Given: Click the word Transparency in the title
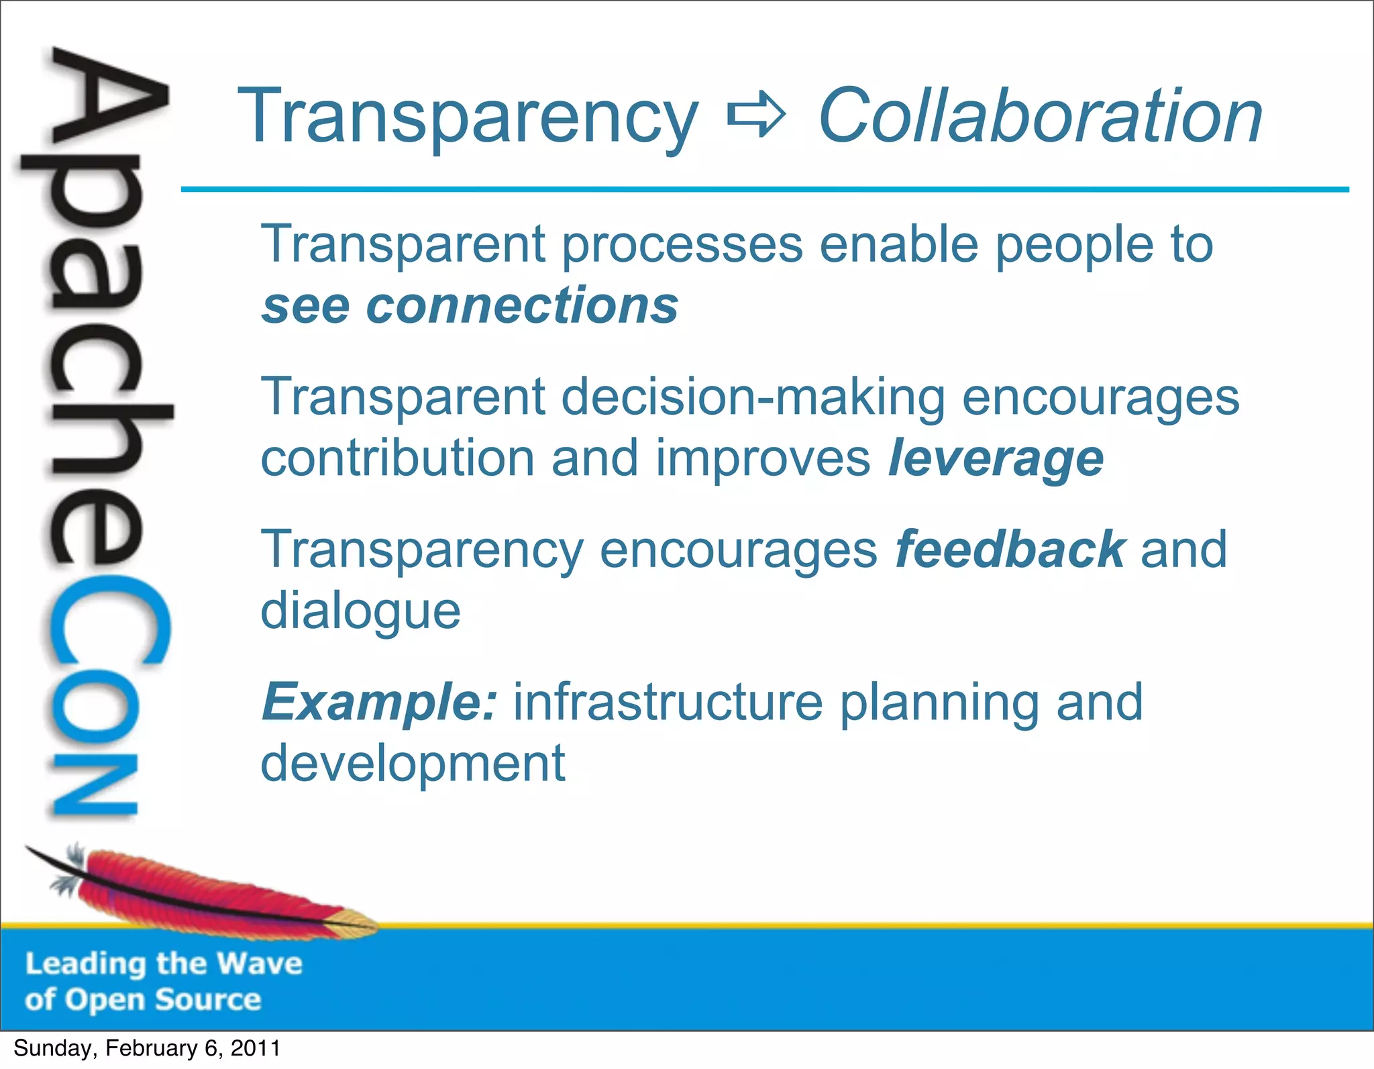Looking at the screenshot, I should pos(468,117).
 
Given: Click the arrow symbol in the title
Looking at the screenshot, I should pos(756,115).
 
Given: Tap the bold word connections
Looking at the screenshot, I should pos(522,305).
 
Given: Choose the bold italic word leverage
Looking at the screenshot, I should pos(996,459).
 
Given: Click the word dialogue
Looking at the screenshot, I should pos(360,612).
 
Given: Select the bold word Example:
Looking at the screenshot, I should pos(380,702).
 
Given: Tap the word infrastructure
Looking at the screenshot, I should pos(668,702).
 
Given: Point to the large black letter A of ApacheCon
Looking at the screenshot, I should pos(107,101).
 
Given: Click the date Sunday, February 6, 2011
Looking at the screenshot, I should pos(147,1048).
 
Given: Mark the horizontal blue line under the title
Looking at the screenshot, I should pos(765,190).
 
